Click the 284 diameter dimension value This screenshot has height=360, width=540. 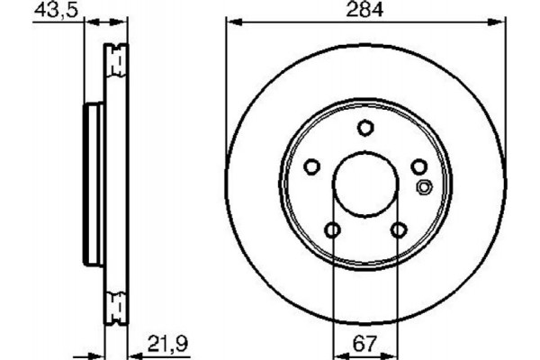[364, 10]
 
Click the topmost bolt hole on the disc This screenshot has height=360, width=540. [364, 128]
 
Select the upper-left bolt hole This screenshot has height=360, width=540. [311, 166]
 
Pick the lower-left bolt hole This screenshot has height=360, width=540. [332, 231]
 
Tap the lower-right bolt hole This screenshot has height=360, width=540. [398, 231]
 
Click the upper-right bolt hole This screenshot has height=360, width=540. [418, 166]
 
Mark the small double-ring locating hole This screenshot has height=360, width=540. [426, 187]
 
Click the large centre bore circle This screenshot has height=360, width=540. [364, 185]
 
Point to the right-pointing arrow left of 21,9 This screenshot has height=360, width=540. [99, 352]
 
